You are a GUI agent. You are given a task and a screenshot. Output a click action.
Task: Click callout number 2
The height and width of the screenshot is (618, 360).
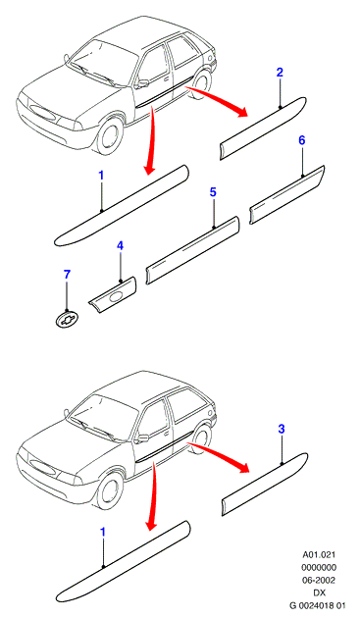coord(280,73)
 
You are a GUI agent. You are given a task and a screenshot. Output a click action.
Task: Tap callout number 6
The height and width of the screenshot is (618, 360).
coord(302,140)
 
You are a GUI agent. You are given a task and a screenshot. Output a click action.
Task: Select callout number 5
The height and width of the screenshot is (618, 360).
coord(213,192)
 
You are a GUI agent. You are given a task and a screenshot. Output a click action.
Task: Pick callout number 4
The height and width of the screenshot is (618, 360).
coord(120,246)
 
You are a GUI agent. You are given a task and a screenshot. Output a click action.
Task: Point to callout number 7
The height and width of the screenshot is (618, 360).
coord(67,275)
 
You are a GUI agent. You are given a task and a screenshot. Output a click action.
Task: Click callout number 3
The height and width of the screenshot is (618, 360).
coord(282,430)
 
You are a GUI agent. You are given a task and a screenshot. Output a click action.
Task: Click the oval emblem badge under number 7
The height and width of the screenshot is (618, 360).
coord(67,319)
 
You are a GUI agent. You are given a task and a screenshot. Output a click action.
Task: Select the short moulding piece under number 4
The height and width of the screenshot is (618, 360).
coord(113,295)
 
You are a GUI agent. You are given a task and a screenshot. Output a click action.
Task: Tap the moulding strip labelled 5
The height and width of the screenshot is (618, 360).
coord(193,250)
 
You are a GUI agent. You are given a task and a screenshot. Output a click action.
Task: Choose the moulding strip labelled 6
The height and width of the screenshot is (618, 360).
coord(286,194)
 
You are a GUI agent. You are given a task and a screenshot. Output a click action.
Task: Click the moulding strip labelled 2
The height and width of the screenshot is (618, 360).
coord(263,128)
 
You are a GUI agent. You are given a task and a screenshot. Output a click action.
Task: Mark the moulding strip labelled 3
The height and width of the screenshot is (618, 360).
coord(265,484)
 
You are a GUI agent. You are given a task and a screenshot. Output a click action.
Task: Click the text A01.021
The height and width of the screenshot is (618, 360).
coord(319,555)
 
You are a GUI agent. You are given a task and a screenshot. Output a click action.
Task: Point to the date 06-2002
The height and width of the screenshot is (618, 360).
coord(319,580)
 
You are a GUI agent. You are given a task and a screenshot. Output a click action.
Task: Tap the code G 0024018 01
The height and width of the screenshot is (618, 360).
coord(318,605)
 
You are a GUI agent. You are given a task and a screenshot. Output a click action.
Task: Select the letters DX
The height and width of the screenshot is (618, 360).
coord(319,592)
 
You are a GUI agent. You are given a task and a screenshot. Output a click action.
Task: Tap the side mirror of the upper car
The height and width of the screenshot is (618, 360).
coord(142,83)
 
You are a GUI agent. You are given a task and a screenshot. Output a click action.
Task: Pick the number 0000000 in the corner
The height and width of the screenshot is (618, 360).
coord(319,568)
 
